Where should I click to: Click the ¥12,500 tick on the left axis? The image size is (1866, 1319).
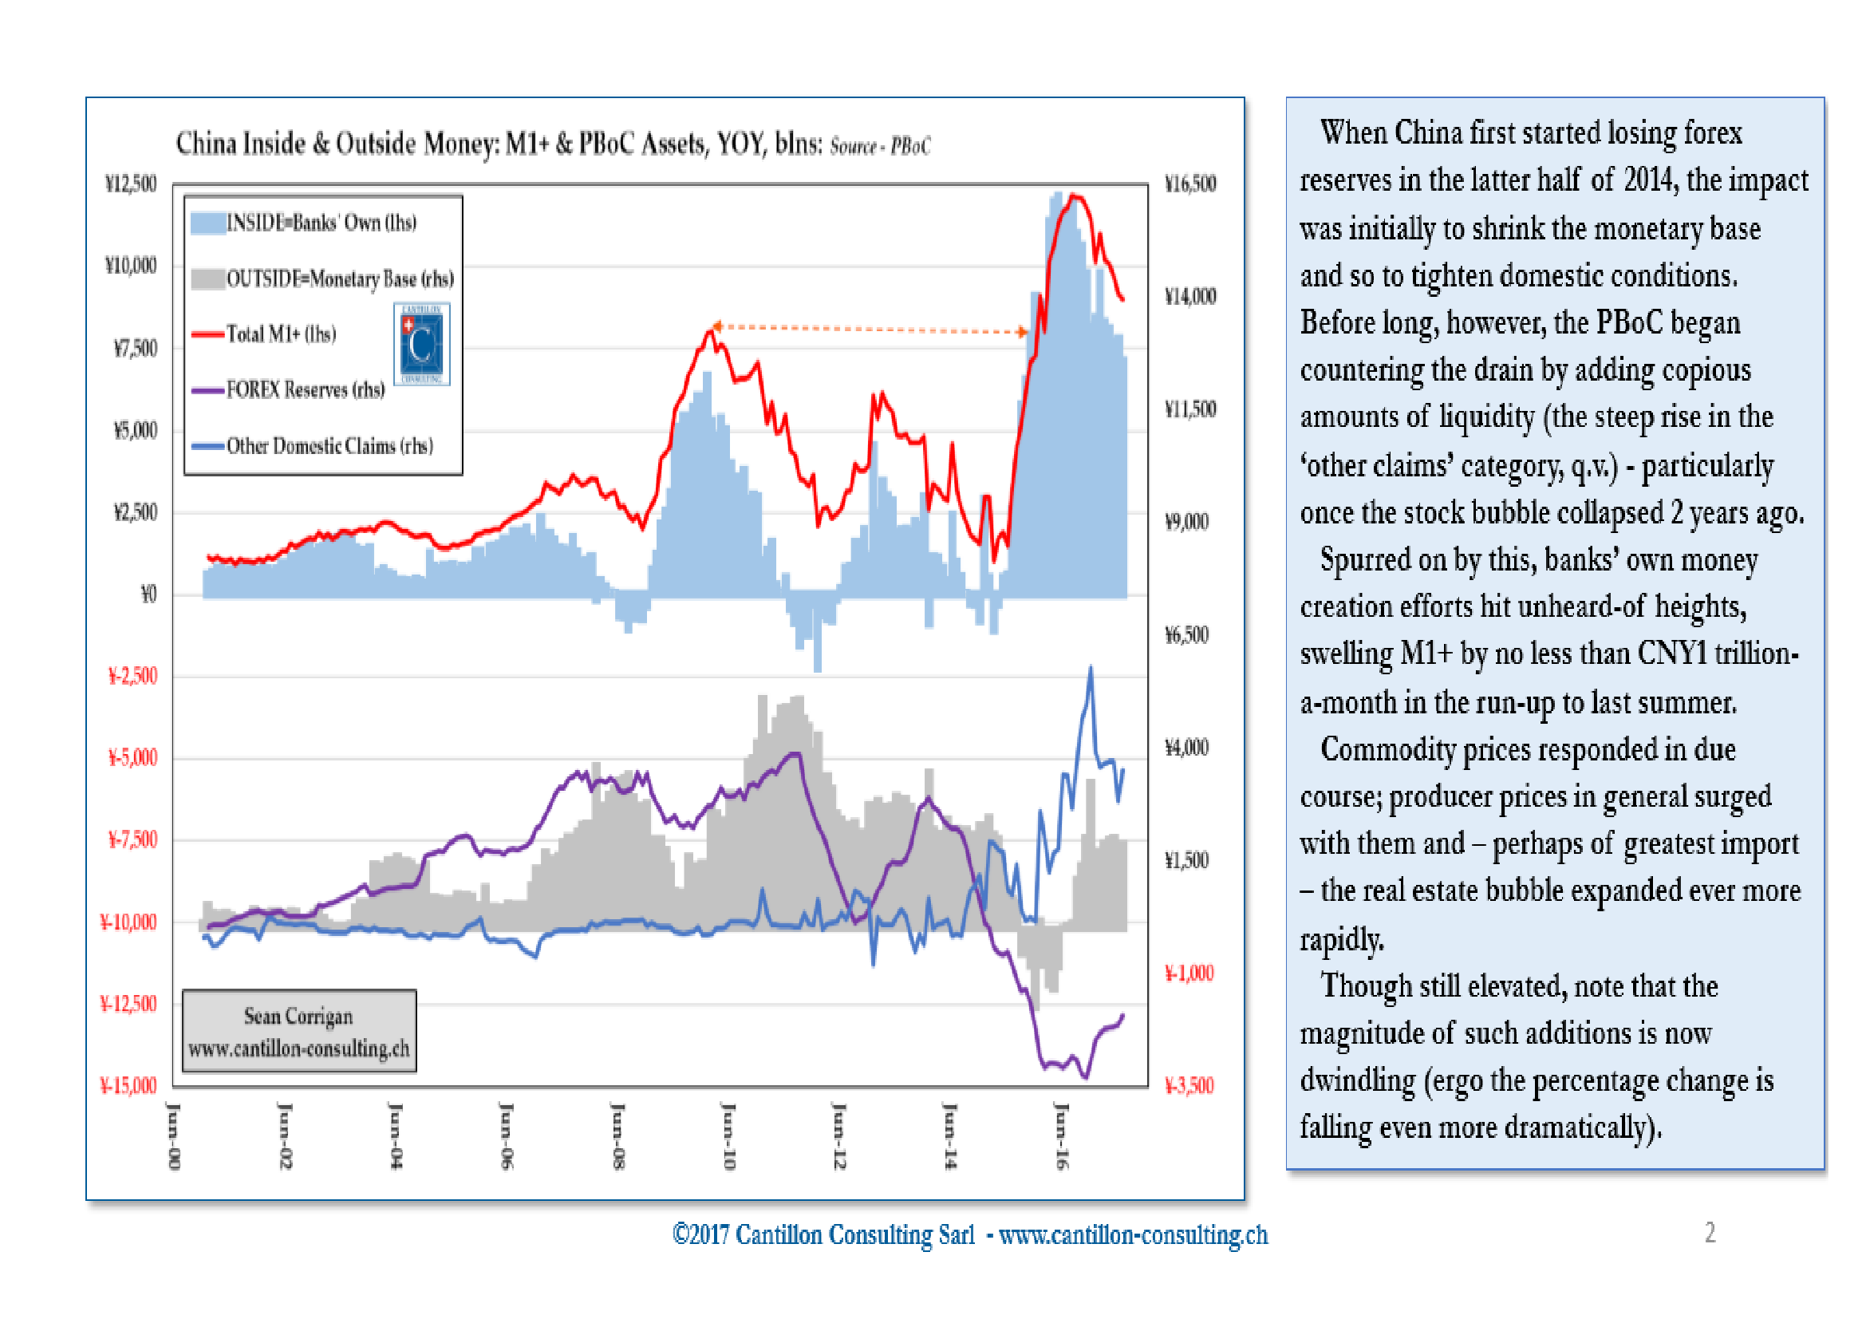(x=131, y=184)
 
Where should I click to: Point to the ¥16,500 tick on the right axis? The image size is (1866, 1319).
(x=1189, y=184)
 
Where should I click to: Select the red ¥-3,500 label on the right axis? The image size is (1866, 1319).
(x=1189, y=1086)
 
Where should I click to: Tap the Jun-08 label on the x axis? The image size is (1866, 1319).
(x=617, y=1135)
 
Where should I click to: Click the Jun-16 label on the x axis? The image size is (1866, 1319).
(x=1060, y=1135)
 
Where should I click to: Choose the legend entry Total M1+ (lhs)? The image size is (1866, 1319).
(x=280, y=334)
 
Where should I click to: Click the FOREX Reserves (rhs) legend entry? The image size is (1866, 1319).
(x=305, y=390)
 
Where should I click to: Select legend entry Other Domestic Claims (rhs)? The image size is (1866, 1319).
(x=329, y=446)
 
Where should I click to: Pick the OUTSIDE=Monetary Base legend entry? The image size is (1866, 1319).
(x=339, y=279)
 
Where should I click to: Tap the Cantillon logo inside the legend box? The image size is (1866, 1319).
(x=422, y=344)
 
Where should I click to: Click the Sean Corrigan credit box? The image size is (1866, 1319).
(x=299, y=1031)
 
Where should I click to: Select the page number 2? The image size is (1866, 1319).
(x=1709, y=1232)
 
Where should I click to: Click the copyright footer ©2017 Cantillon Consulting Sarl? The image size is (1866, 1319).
(x=823, y=1234)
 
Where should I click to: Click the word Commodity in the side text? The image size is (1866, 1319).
(x=1387, y=749)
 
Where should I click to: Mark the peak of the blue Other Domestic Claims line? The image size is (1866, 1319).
(x=1090, y=668)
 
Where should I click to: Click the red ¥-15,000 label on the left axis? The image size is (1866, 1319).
(x=128, y=1086)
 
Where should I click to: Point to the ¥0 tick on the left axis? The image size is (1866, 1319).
(x=148, y=595)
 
